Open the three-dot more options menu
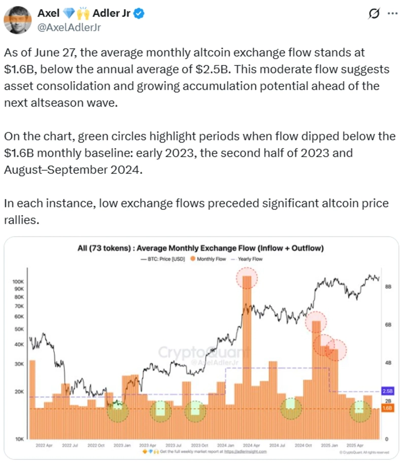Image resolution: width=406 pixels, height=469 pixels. point(392,14)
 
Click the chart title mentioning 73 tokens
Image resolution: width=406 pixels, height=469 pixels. point(200,248)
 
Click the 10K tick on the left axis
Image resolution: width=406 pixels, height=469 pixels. point(19,439)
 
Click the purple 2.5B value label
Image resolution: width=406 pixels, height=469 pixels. point(387,391)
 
